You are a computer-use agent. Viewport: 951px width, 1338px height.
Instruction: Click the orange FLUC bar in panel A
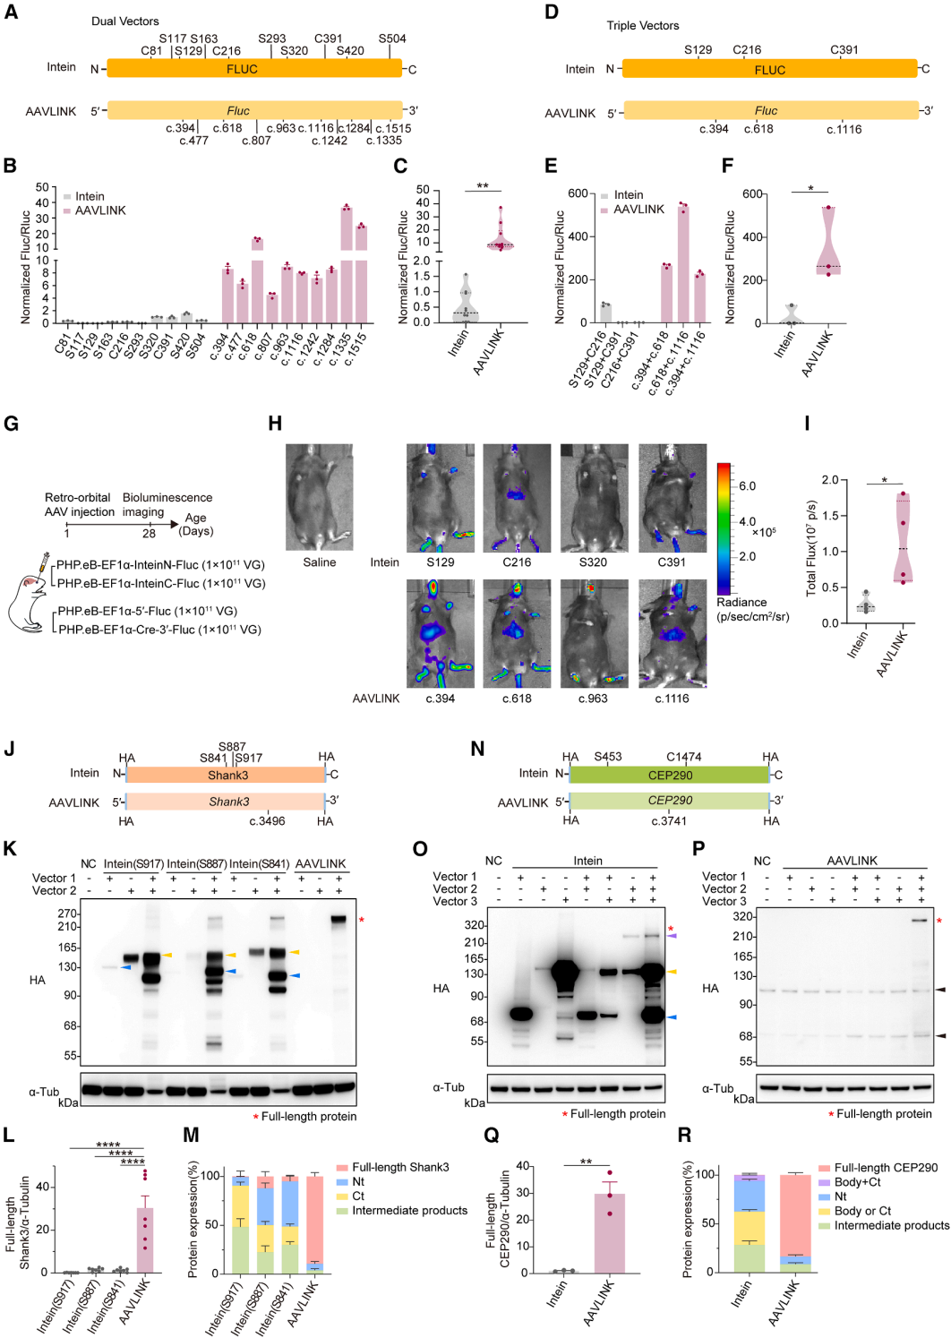click(x=254, y=69)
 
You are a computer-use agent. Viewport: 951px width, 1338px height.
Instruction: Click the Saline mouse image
click(x=320, y=497)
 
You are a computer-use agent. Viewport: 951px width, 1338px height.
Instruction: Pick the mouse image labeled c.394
click(x=440, y=633)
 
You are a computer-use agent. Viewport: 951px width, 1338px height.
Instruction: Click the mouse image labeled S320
click(x=593, y=498)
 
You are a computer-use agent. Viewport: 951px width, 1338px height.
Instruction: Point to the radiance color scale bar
click(x=724, y=528)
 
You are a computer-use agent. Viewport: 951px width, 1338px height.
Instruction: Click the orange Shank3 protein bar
click(x=226, y=775)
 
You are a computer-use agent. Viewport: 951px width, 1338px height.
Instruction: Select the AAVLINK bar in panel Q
click(x=610, y=1232)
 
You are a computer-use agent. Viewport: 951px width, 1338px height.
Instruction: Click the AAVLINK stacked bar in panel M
click(x=314, y=1224)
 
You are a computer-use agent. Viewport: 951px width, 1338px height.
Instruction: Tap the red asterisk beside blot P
click(x=939, y=922)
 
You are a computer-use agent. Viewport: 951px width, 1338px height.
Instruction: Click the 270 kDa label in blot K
click(x=68, y=913)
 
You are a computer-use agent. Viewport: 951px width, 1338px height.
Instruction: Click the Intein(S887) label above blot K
click(x=196, y=864)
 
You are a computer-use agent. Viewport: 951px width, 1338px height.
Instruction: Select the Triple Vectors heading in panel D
click(x=642, y=25)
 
